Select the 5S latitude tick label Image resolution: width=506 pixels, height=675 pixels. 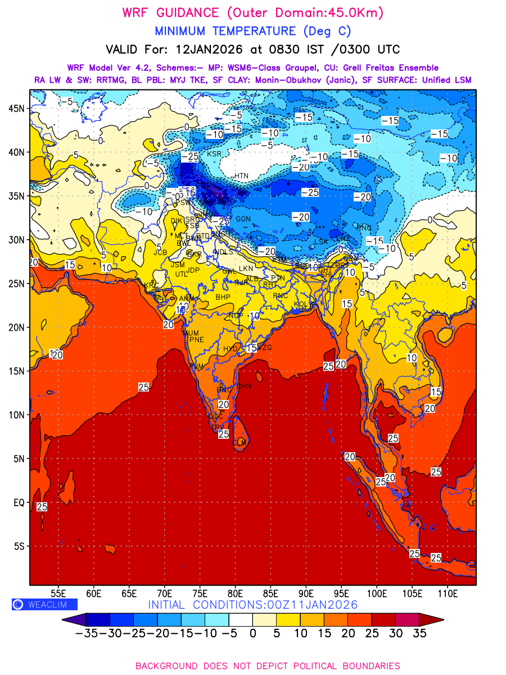[20, 546]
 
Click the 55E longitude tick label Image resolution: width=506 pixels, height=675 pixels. [58, 593]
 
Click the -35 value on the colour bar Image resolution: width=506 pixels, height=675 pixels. [86, 633]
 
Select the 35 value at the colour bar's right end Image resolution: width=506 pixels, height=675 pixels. [419, 633]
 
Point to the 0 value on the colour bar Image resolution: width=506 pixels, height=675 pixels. [252, 633]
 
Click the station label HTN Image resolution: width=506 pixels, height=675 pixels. [241, 176]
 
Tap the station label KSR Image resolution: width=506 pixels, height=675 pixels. [214, 154]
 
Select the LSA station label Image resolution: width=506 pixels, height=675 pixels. [320, 242]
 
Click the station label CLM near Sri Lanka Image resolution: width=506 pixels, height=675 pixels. [240, 443]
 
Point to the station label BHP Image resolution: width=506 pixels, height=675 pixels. [223, 297]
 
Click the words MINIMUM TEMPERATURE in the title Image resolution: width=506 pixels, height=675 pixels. [225, 31]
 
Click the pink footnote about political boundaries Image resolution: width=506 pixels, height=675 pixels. [268, 665]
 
